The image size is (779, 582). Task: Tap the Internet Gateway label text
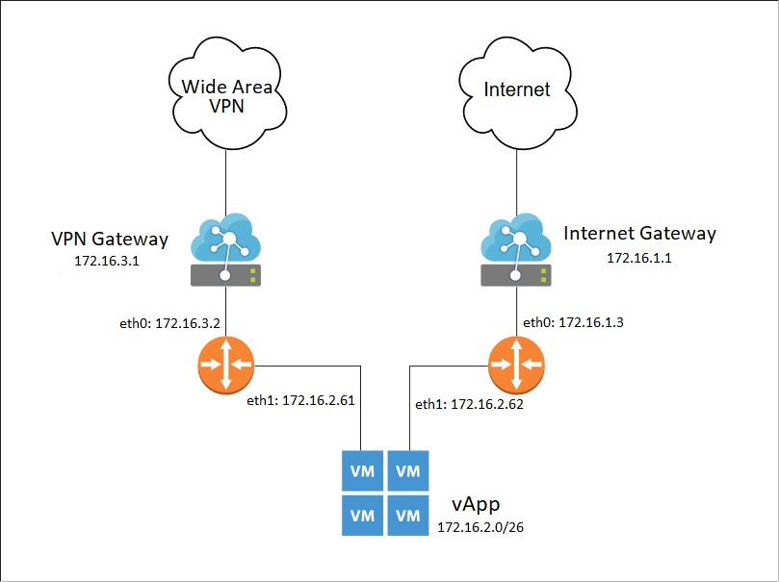(639, 234)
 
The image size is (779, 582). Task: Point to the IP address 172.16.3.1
(106, 261)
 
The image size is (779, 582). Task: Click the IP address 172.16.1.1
(638, 258)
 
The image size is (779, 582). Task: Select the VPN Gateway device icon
(226, 252)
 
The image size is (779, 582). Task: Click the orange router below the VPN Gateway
(226, 365)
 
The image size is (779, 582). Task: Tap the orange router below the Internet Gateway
(516, 365)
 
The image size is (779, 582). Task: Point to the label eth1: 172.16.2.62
(469, 405)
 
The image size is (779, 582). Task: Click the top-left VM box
(362, 471)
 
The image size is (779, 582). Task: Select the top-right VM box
(408, 471)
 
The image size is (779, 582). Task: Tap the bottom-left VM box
(362, 516)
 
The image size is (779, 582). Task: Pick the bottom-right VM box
(408, 516)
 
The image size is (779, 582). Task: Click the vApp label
(476, 505)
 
